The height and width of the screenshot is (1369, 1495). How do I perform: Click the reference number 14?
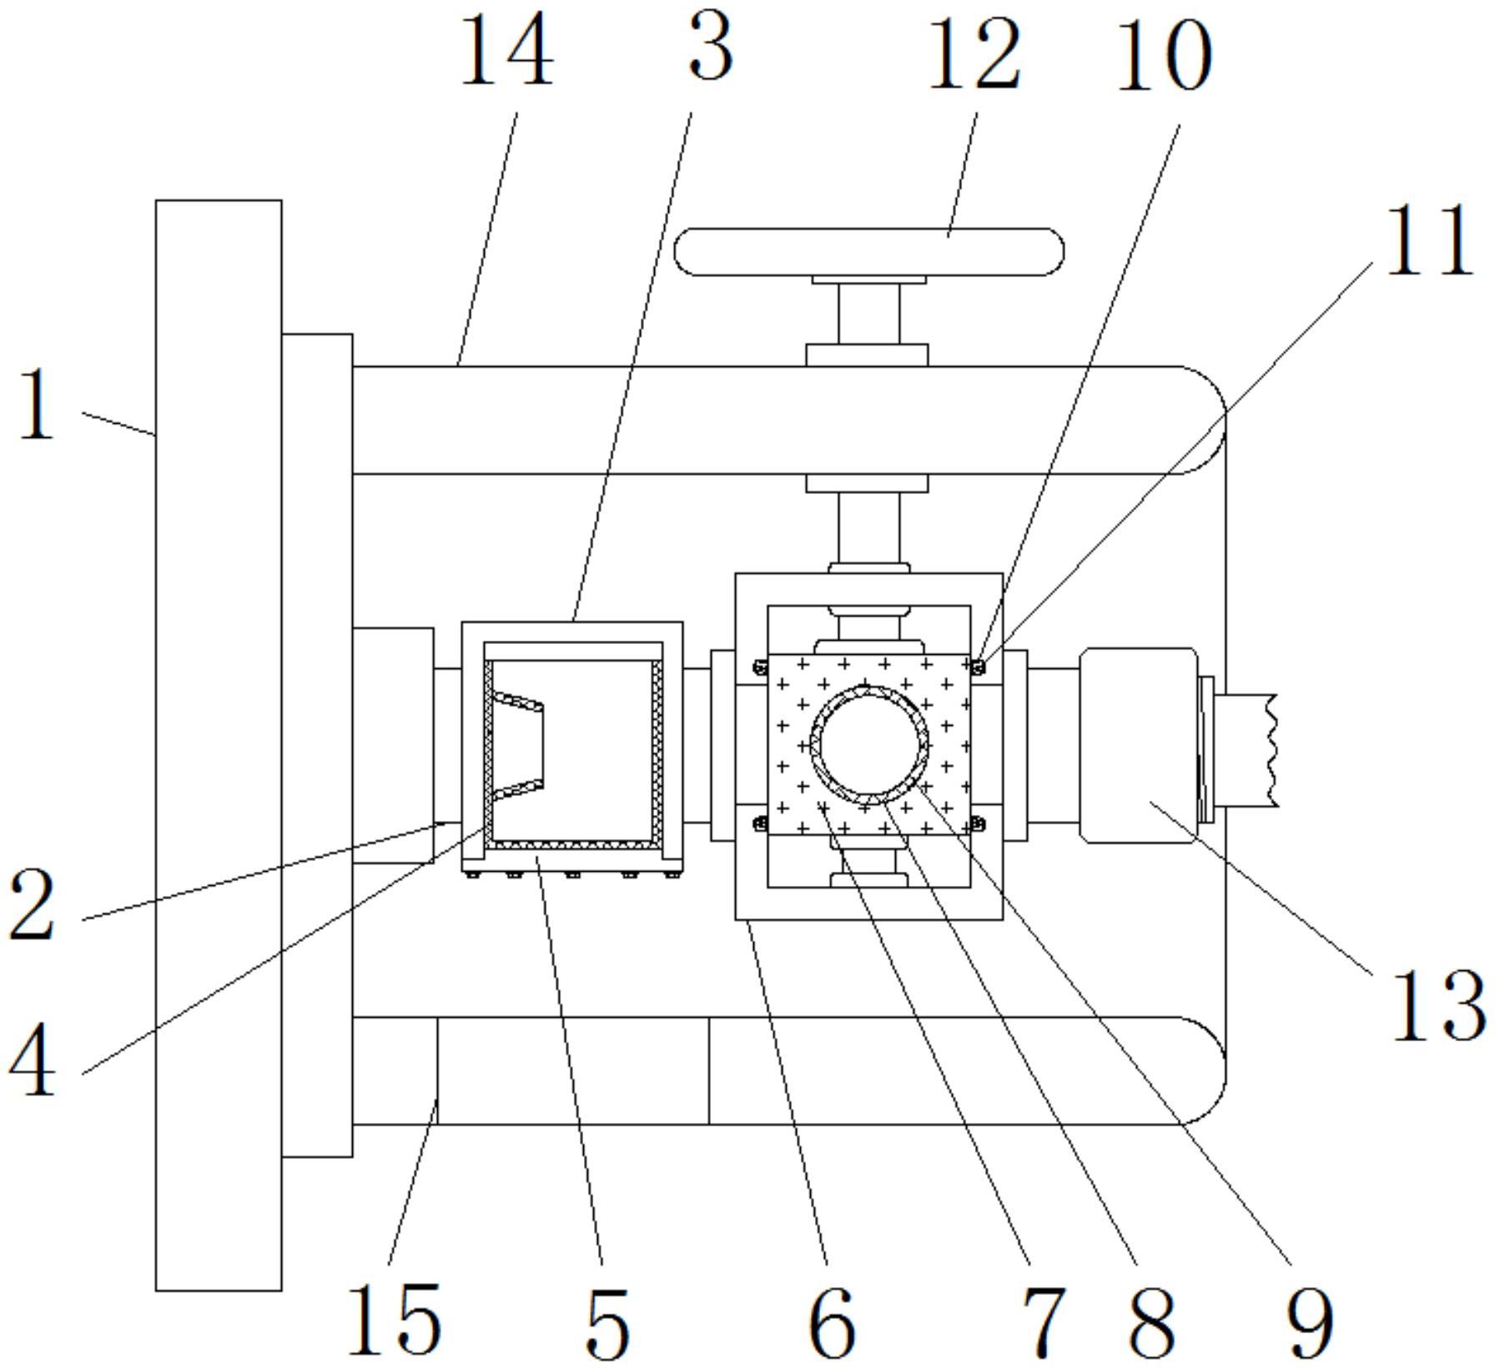coord(506,52)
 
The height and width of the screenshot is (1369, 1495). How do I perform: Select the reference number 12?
coord(974,53)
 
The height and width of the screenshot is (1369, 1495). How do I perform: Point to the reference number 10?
coord(1163,55)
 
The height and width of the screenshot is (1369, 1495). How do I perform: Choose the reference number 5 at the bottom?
coord(607,1323)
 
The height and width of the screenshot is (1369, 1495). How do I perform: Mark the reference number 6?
coord(832,1323)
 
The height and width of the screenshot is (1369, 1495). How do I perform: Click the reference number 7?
coord(1043,1323)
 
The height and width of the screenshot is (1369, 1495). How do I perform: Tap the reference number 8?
coord(1152,1323)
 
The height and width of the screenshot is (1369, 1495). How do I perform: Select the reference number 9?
coord(1310,1323)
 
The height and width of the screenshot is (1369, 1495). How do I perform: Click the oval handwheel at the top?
coord(869,252)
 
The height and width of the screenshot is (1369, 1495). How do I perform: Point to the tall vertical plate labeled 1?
coord(219,745)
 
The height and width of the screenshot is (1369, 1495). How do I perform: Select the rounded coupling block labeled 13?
coord(1138,745)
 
